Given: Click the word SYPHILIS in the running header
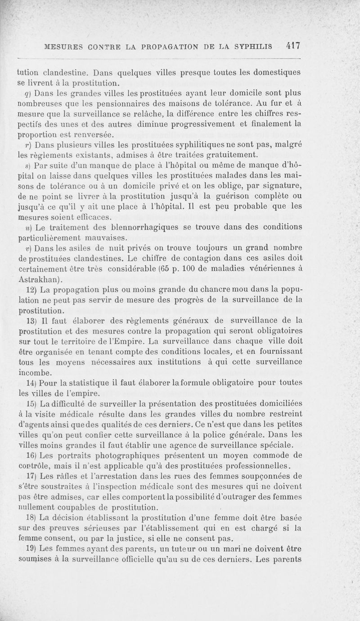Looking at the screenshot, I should [253, 46].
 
